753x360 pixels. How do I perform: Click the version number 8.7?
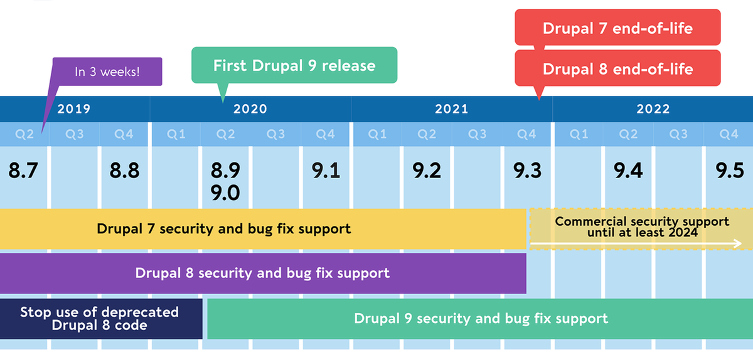[x=24, y=171]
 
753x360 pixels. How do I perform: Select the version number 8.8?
[x=124, y=171]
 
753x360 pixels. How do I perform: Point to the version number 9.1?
[x=326, y=171]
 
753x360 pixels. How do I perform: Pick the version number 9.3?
[x=527, y=171]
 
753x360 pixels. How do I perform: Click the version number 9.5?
[x=729, y=171]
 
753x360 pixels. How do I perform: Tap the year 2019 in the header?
[x=74, y=109]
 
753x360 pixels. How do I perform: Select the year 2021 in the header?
[x=451, y=109]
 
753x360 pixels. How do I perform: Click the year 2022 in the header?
[x=653, y=109]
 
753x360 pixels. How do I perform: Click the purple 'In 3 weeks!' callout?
[x=107, y=71]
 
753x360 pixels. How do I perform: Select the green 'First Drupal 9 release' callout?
[x=294, y=65]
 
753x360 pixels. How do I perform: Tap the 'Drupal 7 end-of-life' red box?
[x=617, y=28]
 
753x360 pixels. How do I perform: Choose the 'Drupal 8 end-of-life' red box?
[x=617, y=68]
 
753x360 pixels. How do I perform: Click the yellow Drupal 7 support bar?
[x=263, y=228]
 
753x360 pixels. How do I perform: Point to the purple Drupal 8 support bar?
[x=263, y=273]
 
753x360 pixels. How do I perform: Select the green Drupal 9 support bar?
[x=480, y=319]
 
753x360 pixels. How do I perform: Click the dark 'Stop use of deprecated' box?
[x=100, y=319]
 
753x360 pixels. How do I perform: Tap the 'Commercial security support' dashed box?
[x=641, y=226]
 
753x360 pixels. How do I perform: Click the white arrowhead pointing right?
[x=739, y=243]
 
